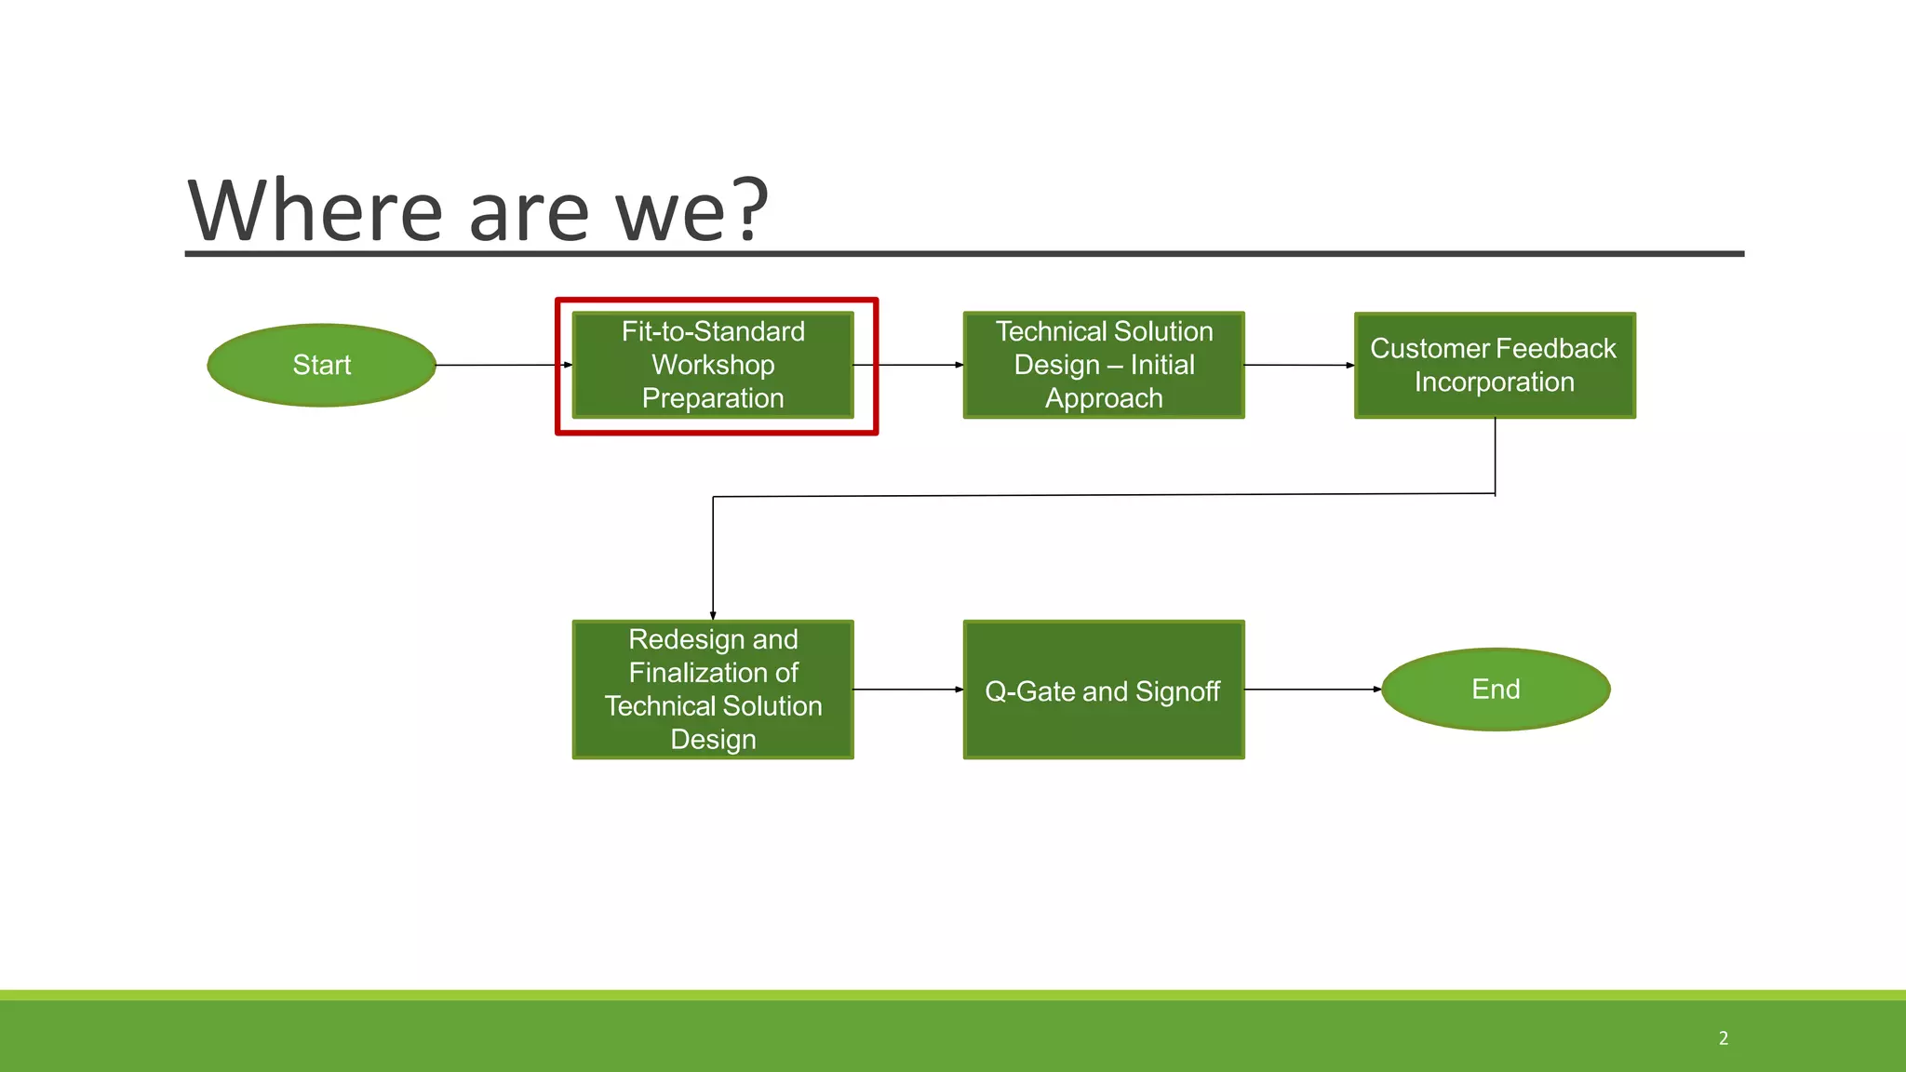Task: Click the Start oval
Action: (321, 365)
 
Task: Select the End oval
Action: (1496, 690)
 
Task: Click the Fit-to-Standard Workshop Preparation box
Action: (713, 365)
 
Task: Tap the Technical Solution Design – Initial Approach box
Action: (1104, 365)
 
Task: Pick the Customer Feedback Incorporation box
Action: (1495, 365)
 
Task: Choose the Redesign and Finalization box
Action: (713, 690)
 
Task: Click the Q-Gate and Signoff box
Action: (1104, 690)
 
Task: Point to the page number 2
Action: (1724, 1038)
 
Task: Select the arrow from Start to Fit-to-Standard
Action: (503, 365)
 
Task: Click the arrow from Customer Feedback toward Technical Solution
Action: (1298, 365)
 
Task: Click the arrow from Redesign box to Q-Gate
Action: (907, 690)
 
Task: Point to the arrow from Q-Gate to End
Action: (1312, 690)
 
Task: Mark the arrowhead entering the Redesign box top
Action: (713, 615)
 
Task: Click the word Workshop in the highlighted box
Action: (713, 365)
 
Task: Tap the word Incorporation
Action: (1495, 382)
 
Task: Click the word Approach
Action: (1104, 398)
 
